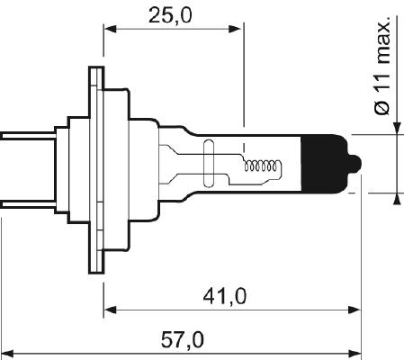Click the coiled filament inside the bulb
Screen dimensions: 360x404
(x=264, y=166)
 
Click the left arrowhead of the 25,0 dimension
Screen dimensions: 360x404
(x=111, y=28)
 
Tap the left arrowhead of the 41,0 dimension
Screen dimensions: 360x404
(x=111, y=310)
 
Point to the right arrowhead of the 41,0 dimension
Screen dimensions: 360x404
(x=354, y=310)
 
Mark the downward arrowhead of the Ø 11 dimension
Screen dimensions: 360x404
(x=396, y=127)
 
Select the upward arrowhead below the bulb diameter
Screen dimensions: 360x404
(x=396, y=200)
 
